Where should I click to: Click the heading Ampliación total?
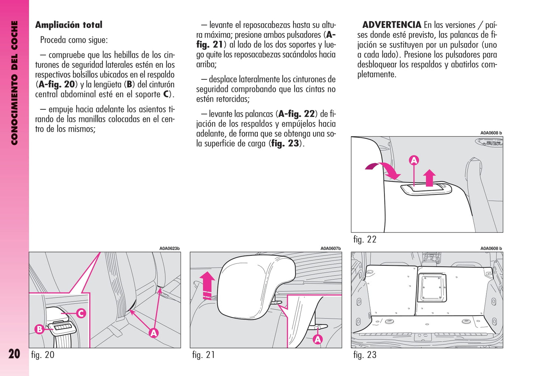coord(69,25)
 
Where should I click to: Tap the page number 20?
coord(14,354)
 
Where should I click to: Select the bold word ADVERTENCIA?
coord(392,25)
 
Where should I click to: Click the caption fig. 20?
coord(43,355)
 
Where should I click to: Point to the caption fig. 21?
coord(204,355)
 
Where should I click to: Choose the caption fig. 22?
coord(365,239)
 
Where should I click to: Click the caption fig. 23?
coord(365,355)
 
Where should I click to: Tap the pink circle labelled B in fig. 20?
coord(39,329)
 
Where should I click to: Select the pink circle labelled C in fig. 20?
coord(81,314)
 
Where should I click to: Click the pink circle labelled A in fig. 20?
coord(153,333)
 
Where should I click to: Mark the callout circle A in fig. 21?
coord(318,339)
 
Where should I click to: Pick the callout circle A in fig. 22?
coord(414,161)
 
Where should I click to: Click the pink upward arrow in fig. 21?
coord(207,284)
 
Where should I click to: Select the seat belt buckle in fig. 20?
coord(63,327)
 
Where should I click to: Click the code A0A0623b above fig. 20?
coord(169,249)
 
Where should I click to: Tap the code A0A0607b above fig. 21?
coord(330,249)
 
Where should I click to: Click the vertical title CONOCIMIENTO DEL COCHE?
coord(14,83)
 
